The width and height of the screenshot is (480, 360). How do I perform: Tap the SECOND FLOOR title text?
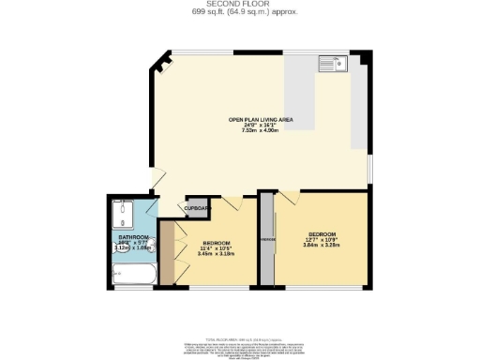239,4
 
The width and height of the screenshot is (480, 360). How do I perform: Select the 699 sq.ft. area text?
239,11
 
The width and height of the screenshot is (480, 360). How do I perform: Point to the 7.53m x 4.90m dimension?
259,130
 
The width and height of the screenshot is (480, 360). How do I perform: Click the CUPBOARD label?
195,208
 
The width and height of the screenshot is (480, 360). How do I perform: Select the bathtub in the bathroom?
134,274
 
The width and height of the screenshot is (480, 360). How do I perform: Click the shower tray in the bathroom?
124,217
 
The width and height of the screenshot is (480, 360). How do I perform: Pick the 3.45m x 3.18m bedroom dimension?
215,253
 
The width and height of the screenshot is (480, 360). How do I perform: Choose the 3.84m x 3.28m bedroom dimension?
321,244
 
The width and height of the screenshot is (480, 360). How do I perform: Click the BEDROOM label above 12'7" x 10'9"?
321,232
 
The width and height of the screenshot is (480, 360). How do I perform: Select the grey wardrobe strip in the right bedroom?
269,240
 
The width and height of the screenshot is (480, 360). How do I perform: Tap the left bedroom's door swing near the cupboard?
232,203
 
